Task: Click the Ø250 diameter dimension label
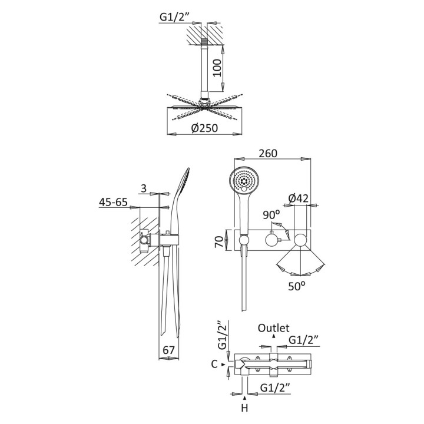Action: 204,128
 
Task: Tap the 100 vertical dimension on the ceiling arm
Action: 217,68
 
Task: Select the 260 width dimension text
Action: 268,153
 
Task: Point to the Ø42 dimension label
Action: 298,199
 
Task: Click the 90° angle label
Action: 271,215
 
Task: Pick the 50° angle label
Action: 296,286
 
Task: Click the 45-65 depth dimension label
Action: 113,202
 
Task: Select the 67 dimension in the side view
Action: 169,350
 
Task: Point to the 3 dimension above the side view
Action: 144,188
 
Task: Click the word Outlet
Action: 273,328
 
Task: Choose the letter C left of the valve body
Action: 214,365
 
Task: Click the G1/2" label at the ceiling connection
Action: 175,16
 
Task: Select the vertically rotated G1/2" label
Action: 222,335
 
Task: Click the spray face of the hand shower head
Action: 244,180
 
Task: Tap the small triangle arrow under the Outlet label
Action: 274,336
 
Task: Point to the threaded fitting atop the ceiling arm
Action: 205,42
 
